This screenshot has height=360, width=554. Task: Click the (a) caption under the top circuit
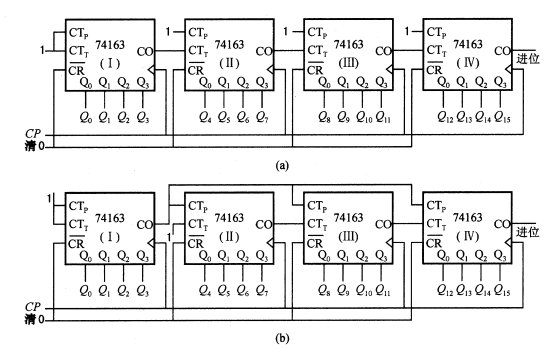click(282, 165)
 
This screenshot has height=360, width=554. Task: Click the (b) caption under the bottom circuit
click(282, 338)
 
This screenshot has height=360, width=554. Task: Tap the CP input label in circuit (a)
click(33, 134)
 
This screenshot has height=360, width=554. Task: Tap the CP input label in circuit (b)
click(33, 307)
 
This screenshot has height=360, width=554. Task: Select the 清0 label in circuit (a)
click(35, 146)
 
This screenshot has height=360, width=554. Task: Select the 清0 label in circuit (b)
click(35, 319)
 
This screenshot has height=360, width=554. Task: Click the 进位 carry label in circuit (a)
click(528, 58)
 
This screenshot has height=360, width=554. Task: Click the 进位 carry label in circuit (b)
click(528, 232)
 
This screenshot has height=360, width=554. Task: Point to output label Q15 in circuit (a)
click(502, 117)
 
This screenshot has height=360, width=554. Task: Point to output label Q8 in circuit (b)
click(324, 290)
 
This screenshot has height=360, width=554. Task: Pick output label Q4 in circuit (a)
click(205, 117)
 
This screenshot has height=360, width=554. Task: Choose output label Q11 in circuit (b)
click(383, 290)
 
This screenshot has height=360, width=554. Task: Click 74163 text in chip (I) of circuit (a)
click(110, 45)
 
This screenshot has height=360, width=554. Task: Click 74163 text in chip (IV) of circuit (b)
click(467, 218)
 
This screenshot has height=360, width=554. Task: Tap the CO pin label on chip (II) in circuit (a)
click(264, 52)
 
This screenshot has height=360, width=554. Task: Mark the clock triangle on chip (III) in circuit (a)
click(389, 70)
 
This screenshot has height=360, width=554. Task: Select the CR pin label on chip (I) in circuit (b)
click(76, 243)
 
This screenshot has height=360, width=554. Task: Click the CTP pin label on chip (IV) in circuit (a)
click(436, 33)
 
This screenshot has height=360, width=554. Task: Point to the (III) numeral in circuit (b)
click(348, 236)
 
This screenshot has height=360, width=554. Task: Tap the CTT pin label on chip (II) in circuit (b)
click(198, 225)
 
